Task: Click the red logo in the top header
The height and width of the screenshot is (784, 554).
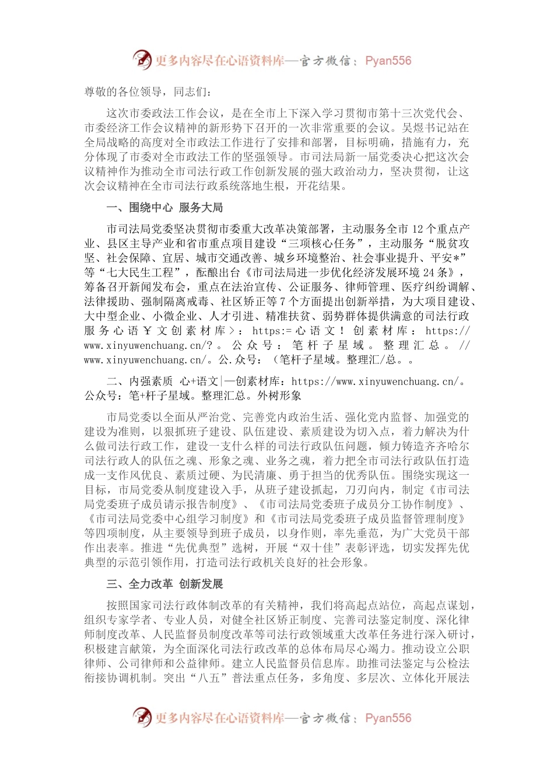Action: tap(142, 60)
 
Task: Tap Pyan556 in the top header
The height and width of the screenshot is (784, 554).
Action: tap(388, 61)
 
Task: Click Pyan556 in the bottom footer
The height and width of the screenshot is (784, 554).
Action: tap(388, 718)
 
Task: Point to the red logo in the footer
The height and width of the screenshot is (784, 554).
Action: tap(142, 717)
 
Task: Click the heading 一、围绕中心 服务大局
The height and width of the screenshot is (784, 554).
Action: tap(164, 208)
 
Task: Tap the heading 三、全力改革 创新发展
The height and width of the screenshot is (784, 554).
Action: tap(164, 584)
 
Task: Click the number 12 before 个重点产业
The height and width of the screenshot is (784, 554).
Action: tap(418, 229)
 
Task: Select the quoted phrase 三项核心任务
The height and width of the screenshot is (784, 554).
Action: tap(327, 244)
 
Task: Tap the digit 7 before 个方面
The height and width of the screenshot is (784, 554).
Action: tap(282, 302)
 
